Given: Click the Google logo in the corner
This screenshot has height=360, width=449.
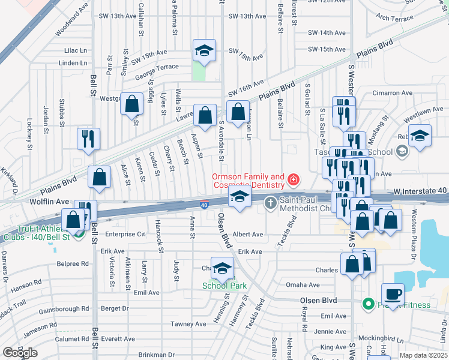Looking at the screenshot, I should (20, 353).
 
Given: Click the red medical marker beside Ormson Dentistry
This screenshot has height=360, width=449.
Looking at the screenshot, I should (294, 179).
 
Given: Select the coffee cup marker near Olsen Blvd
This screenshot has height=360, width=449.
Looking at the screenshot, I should (393, 294).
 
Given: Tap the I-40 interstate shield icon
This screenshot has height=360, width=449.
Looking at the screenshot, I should (204, 205).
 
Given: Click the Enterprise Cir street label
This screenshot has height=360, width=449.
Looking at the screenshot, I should (125, 234).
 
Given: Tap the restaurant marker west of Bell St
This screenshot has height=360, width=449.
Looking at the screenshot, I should (88, 139).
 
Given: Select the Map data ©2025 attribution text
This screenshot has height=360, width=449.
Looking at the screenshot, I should (423, 355).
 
